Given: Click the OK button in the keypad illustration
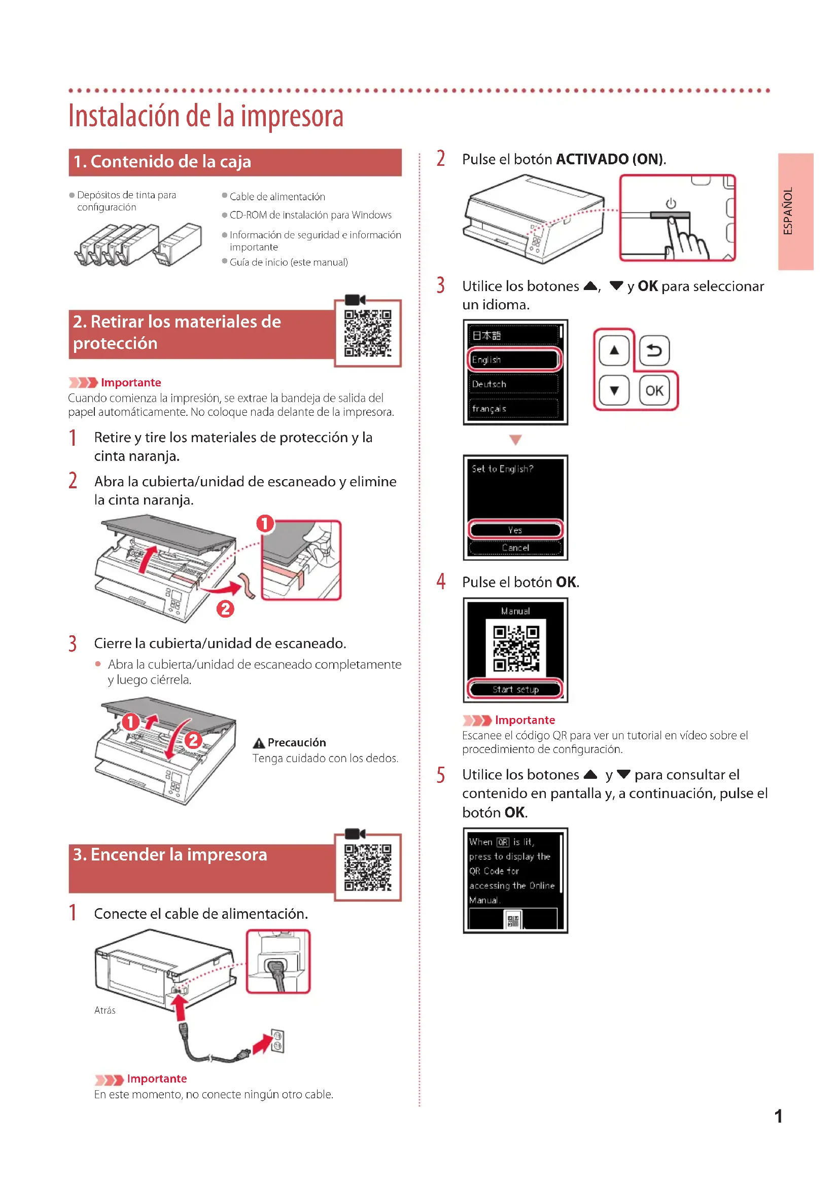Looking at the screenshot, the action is [x=654, y=390].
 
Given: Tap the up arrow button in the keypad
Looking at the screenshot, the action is [x=614, y=350].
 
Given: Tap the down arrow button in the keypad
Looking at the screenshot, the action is [x=614, y=390].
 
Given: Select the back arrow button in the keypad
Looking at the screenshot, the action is [x=654, y=350].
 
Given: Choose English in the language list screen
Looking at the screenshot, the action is [x=514, y=360].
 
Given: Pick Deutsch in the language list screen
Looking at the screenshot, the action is [x=514, y=384].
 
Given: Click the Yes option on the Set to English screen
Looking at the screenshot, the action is [x=515, y=530].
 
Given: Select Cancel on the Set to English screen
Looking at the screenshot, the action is [x=515, y=548].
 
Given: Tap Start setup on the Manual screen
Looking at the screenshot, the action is [x=515, y=689].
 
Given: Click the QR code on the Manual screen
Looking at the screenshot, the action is [x=515, y=649].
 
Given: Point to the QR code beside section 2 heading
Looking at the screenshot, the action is [x=368, y=334].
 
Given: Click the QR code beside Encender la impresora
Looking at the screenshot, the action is [x=368, y=868].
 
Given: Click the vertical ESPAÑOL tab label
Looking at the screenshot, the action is [x=788, y=211].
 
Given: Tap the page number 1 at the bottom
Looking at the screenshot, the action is [x=778, y=1116].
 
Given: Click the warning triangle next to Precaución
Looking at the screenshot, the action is [x=259, y=743].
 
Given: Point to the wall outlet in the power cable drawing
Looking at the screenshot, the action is [x=277, y=1041].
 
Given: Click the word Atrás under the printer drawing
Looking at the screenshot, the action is [x=105, y=1011].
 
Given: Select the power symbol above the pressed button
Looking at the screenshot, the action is [x=671, y=203].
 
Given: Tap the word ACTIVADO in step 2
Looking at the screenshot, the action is [x=592, y=159].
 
